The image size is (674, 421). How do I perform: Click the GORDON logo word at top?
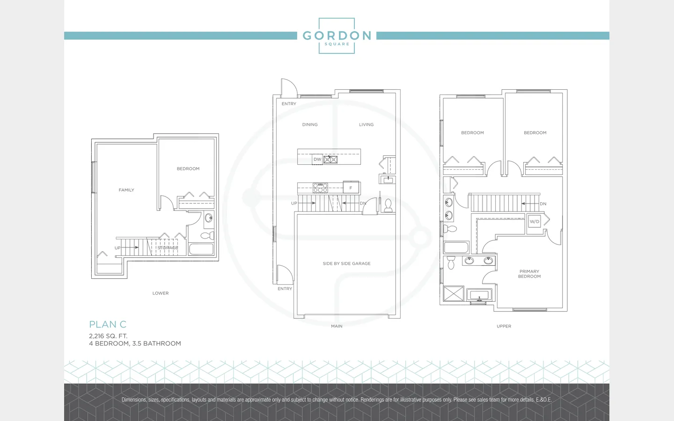337,36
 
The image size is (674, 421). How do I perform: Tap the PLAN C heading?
108,325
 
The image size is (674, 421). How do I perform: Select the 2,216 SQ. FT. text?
108,336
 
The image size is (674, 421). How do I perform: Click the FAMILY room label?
126,190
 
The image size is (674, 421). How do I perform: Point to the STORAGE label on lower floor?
168,248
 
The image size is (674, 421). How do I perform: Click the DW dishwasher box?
317,160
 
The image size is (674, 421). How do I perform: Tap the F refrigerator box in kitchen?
351,188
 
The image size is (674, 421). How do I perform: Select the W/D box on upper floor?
535,222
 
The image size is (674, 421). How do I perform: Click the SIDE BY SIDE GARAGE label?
347,263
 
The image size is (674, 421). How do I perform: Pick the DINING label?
310,124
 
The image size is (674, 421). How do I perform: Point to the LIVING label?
366,124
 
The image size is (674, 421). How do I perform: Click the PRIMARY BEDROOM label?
529,274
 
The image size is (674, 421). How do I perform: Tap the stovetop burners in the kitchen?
320,188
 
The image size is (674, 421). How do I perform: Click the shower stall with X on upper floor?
454,293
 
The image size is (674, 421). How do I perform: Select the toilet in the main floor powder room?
388,206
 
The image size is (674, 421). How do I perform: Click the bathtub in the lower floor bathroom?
201,249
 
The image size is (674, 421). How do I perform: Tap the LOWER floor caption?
161,293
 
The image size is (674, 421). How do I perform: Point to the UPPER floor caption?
504,327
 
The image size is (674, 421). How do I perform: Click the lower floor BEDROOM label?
188,169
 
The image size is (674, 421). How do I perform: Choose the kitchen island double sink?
330,160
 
